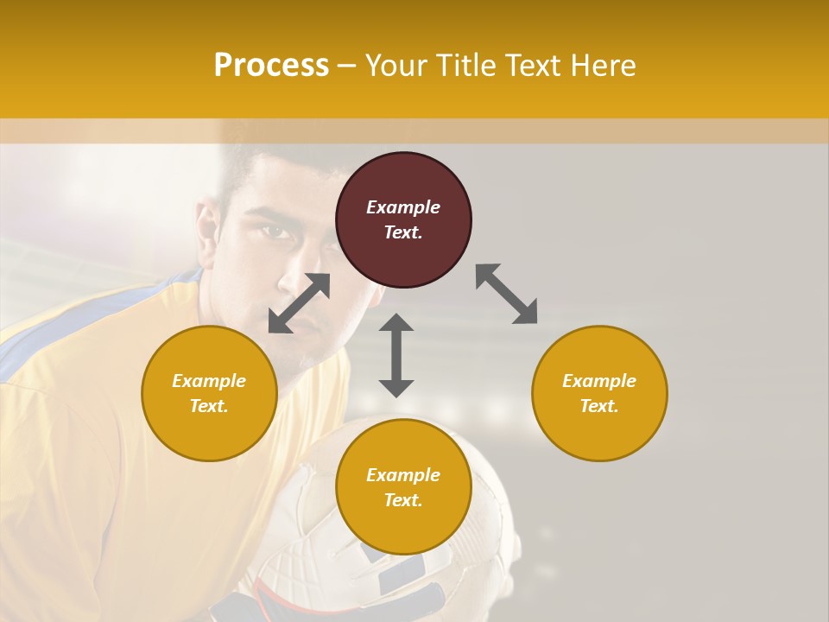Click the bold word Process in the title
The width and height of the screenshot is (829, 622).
[271, 66]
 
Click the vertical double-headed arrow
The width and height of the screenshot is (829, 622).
[396, 355]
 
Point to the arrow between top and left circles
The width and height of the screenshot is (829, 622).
[299, 303]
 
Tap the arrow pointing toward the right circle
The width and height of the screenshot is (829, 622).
[507, 294]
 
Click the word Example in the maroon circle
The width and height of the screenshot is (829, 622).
[403, 207]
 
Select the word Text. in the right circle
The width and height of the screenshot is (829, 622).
[599, 406]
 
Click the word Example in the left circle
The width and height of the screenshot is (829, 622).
[209, 381]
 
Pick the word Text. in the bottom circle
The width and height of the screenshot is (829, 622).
[403, 500]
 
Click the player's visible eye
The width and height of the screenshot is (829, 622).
[275, 231]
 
